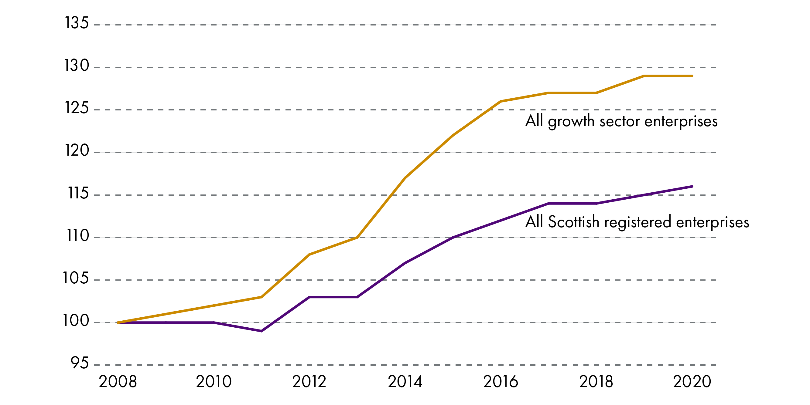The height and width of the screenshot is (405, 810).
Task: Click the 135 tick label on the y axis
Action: [x=77, y=23]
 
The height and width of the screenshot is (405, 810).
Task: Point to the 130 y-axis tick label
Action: [x=77, y=66]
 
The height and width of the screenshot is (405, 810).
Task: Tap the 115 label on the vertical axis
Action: [x=78, y=193]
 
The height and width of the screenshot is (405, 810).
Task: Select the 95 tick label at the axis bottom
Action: [x=79, y=363]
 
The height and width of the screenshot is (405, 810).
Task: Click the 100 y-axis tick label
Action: [x=76, y=321]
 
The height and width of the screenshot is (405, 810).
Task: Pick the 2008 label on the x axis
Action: [x=118, y=382]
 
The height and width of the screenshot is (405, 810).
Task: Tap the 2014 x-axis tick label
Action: [x=405, y=382]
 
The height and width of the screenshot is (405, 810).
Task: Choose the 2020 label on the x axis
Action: [x=692, y=382]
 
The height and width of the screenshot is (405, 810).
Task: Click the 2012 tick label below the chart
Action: [x=309, y=382]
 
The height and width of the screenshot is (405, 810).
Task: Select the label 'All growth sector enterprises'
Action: [x=621, y=121]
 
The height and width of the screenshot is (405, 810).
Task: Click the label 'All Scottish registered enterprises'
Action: [x=637, y=222]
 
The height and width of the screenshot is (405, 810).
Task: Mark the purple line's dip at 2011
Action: [x=261, y=331]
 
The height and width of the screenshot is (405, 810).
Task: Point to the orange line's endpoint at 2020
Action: [x=692, y=76]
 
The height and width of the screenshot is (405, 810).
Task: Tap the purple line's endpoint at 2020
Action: [x=692, y=187]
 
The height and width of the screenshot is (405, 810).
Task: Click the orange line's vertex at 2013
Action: [x=357, y=238]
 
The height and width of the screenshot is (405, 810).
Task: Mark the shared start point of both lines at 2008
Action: [x=118, y=322]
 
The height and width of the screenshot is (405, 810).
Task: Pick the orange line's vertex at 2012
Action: [x=309, y=255]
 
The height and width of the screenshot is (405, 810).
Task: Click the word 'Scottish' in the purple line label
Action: [x=573, y=222]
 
